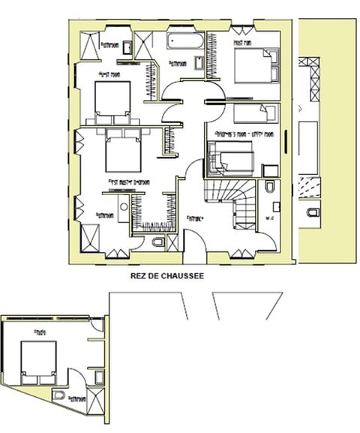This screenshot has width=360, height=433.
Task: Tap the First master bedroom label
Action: click(129, 182)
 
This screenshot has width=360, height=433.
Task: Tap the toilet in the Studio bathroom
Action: click(60, 395)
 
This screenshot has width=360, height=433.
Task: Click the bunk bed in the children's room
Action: click(232, 161)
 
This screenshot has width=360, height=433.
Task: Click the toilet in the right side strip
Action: click(312, 214)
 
